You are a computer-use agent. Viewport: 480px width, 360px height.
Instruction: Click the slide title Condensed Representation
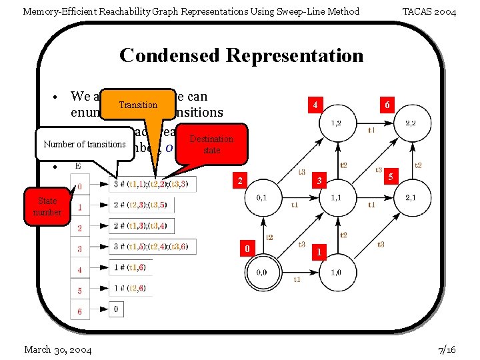pos(241,55)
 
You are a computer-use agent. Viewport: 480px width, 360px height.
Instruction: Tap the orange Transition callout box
pos(137,105)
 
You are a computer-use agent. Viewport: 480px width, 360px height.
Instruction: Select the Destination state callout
pos(211,145)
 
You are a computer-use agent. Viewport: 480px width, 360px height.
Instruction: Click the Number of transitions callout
pos(85,145)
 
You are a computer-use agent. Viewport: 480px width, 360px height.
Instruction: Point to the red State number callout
pos(47,206)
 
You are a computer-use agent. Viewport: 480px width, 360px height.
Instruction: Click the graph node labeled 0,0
pos(261,272)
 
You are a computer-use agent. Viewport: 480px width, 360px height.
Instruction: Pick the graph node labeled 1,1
pos(335,198)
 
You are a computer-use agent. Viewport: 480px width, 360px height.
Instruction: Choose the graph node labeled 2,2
pos(411,123)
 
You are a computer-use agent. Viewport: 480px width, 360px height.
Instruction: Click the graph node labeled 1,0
pos(336,272)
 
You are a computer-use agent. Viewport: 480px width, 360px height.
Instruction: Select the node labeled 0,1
pos(261,198)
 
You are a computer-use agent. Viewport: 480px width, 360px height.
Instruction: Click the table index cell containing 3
pos(79,249)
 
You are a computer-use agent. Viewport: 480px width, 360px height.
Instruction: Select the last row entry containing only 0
pos(117,309)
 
